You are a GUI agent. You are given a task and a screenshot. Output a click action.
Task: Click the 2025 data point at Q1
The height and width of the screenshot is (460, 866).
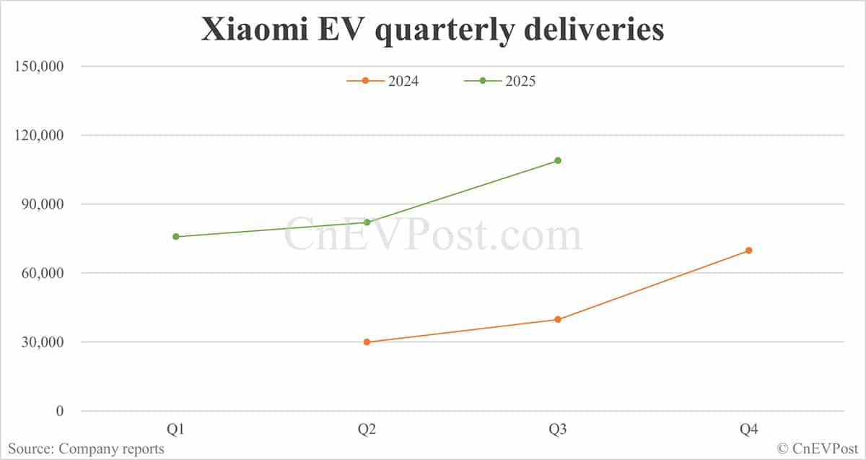[x=176, y=237]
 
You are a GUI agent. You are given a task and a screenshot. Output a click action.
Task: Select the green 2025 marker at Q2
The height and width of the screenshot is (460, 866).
[x=367, y=222]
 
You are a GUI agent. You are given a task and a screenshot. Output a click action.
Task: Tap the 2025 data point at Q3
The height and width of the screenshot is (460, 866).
[x=558, y=160]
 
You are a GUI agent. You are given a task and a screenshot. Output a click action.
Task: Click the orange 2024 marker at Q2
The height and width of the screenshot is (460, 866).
[x=367, y=342]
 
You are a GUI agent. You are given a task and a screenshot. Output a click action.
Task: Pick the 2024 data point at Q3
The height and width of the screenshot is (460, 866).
[x=558, y=319]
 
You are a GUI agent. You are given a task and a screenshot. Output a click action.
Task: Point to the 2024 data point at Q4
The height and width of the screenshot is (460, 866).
[x=748, y=251]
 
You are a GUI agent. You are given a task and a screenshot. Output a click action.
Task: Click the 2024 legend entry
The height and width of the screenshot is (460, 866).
[x=383, y=81]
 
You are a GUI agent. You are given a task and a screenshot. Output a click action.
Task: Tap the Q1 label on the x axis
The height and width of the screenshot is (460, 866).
[x=176, y=430]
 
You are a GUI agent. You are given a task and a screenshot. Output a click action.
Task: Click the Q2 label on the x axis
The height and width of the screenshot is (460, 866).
[x=367, y=430]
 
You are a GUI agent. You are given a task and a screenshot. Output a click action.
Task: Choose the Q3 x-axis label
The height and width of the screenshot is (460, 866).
[x=558, y=430]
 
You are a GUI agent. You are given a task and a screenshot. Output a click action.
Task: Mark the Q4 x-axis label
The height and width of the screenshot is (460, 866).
[x=748, y=430]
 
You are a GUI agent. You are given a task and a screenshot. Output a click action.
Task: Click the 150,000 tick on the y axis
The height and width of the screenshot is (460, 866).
[x=40, y=66]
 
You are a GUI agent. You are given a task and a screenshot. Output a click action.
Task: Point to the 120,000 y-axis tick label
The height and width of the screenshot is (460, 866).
[x=40, y=135]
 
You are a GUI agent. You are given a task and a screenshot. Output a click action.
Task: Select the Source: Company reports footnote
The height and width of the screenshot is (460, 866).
[x=86, y=449]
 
